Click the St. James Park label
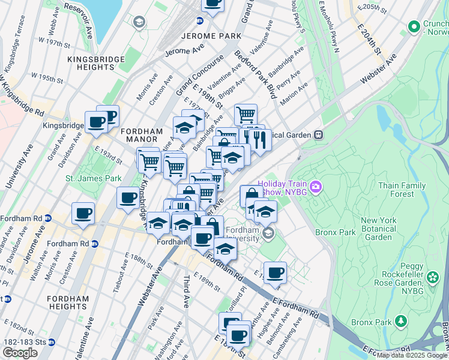click(94, 178)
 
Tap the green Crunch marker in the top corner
click(414, 26)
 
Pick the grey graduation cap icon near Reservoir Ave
click(139, 23)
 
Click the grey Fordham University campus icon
click(269, 233)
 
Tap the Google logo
click(20, 353)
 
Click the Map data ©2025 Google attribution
click(412, 355)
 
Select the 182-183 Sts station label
click(24, 342)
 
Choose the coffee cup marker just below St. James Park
click(128, 199)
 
